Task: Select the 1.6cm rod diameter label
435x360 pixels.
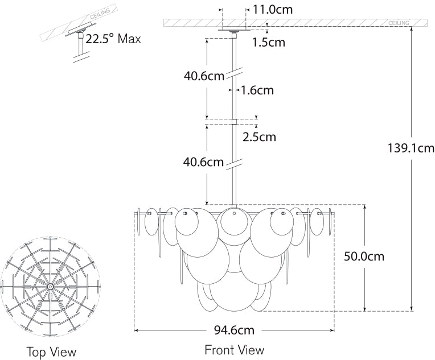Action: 257,90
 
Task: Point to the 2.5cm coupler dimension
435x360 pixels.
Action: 259,136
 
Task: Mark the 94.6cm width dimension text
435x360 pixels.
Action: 234,330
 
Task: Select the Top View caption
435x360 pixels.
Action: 51,351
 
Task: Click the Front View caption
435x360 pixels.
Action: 234,349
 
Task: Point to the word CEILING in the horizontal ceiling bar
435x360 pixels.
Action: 399,23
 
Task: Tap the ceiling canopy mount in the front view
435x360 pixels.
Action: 234,29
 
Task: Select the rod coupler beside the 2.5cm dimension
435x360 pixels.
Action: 234,121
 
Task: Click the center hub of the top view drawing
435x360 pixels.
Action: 51,285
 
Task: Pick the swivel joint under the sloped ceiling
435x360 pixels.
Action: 81,39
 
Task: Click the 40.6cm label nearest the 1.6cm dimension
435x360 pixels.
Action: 204,77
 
